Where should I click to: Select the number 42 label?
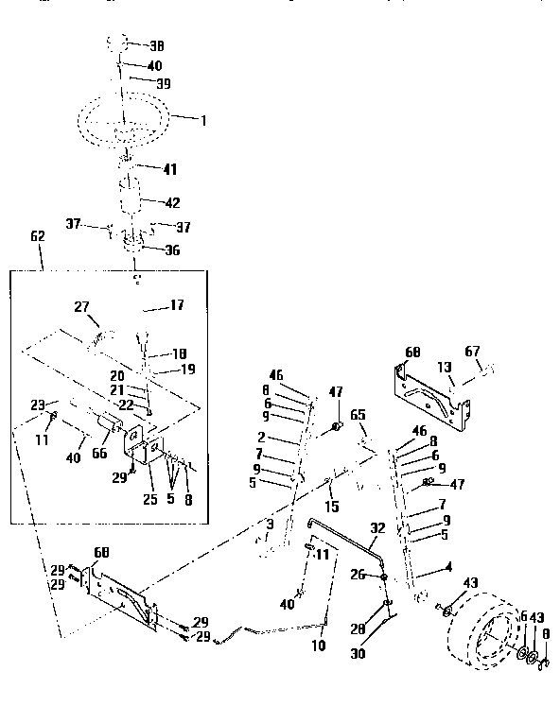point(172,202)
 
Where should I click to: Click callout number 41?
point(169,169)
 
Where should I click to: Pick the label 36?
point(172,250)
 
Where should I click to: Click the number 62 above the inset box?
point(38,236)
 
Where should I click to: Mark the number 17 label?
point(177,304)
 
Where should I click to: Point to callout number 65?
point(358,414)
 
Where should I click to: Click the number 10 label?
point(318,646)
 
